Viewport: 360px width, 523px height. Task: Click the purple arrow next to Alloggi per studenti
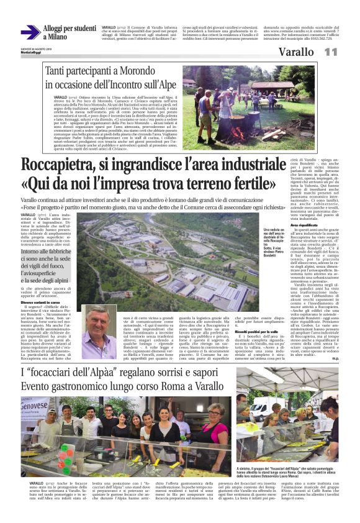(x=30, y=32)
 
